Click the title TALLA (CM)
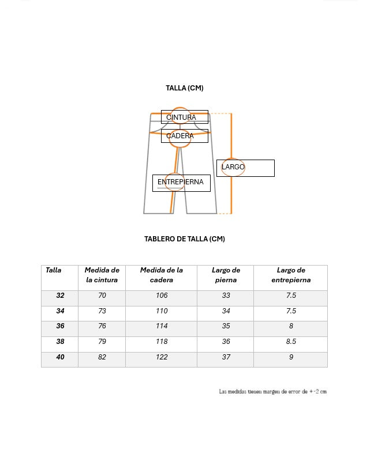tap(185, 88)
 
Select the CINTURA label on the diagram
tap(181, 118)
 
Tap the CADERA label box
tap(180, 136)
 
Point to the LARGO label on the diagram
tap(233, 167)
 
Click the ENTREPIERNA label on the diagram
tap(181, 182)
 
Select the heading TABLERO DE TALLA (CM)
tap(185, 239)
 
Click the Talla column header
tap(54, 270)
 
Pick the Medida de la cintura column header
tap(102, 275)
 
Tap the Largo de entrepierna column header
tap(291, 275)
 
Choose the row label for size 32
tap(61, 296)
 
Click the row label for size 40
tap(61, 357)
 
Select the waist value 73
tap(102, 311)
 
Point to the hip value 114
tap(162, 326)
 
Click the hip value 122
tap(162, 357)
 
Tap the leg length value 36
tap(226, 342)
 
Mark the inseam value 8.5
tap(291, 342)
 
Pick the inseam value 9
tap(291, 357)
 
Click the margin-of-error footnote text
tap(272, 392)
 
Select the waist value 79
tap(102, 342)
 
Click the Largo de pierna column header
tap(226, 275)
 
